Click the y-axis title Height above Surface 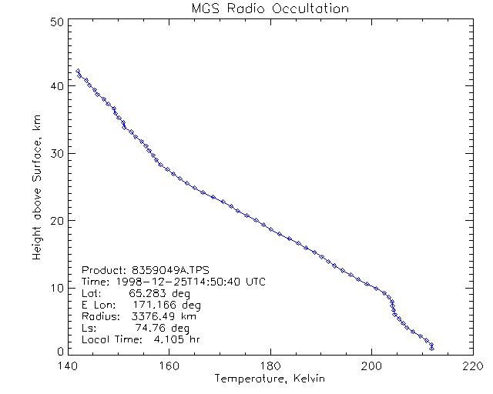(37, 186)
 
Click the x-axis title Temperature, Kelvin (270, 379)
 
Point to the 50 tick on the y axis (55, 21)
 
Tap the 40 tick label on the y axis (55, 86)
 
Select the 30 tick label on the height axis (55, 153)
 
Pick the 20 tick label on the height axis (55, 220)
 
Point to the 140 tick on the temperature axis (68, 366)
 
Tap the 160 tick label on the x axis (169, 366)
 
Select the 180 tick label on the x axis (270, 366)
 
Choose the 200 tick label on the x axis (371, 366)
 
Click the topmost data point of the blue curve (78, 71)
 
